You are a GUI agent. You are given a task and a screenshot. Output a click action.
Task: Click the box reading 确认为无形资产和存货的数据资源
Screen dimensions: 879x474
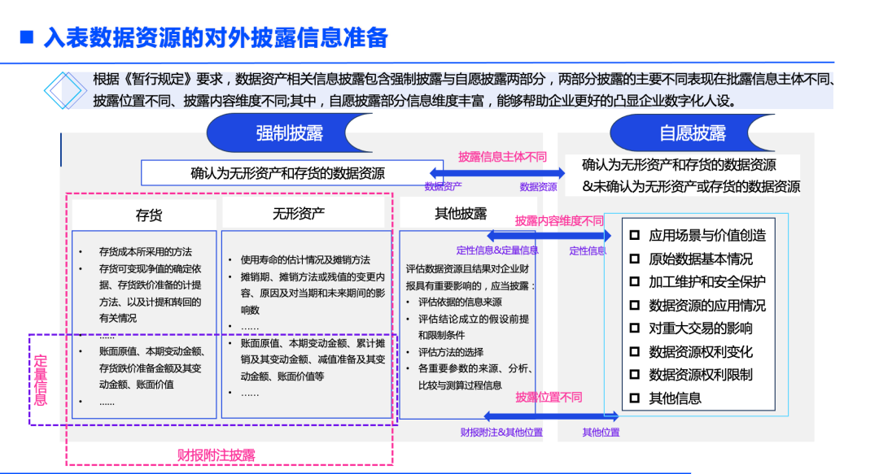[x=287, y=173]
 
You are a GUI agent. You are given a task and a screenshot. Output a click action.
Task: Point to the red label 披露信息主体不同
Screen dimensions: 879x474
[x=502, y=157]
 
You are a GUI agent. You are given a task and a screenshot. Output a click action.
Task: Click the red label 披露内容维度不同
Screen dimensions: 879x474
[x=559, y=220]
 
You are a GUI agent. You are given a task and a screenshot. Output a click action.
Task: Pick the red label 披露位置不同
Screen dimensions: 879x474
[x=549, y=398]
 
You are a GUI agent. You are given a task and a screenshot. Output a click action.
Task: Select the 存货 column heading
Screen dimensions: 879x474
[x=148, y=215]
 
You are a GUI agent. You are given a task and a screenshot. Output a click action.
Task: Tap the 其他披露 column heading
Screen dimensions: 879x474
[x=461, y=214]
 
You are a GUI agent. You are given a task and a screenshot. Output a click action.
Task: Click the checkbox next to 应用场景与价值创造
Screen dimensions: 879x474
[x=636, y=235]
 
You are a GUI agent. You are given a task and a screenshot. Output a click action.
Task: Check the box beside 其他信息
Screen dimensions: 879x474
[x=636, y=398]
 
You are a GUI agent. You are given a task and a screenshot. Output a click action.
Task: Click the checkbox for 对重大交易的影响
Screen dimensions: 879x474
[x=636, y=328]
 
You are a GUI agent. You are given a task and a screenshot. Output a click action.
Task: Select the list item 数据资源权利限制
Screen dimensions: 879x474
[x=700, y=375]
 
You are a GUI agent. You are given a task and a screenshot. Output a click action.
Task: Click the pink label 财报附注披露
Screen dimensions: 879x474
[x=216, y=455]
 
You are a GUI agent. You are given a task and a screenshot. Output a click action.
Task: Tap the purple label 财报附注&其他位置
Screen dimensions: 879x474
[x=501, y=433]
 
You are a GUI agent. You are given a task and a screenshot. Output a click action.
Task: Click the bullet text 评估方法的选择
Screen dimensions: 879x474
[x=450, y=352]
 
